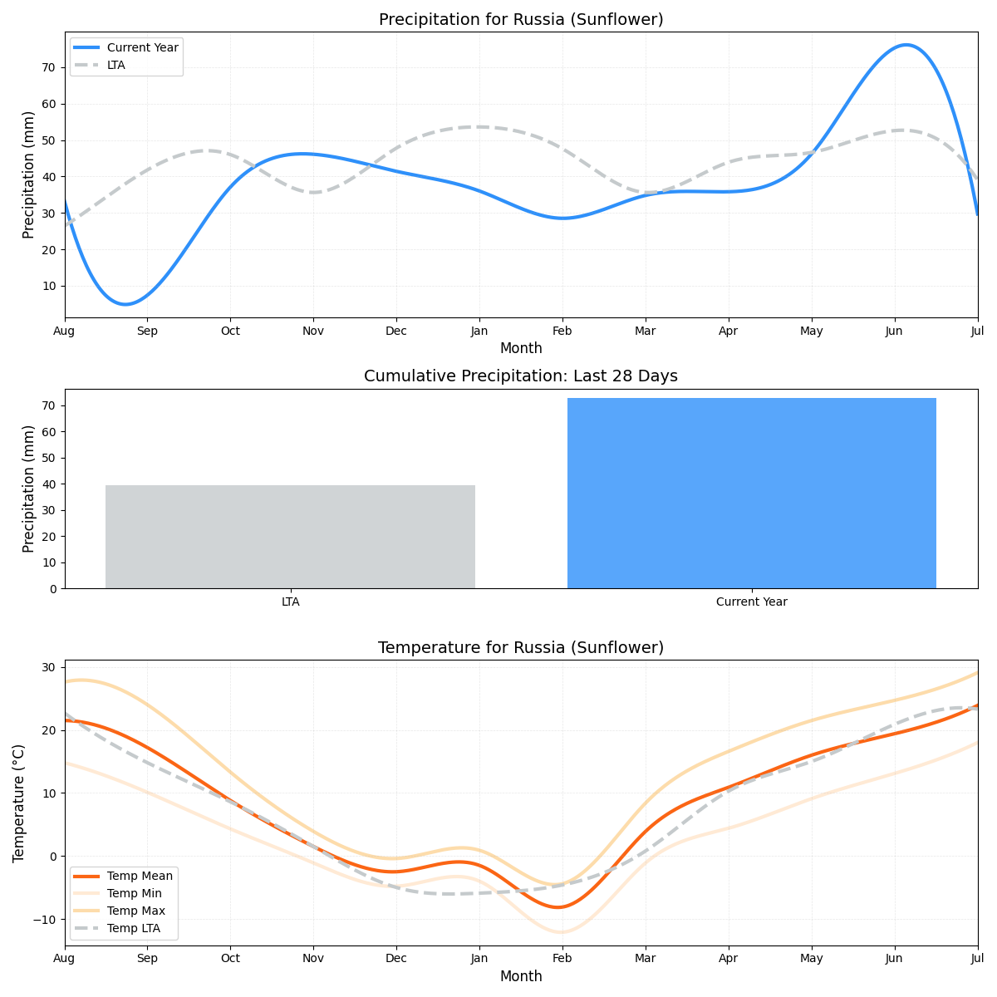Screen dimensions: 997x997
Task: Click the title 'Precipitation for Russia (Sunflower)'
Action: tap(521, 20)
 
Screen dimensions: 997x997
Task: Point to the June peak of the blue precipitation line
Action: tap(906, 45)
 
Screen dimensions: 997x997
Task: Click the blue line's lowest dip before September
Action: tap(125, 304)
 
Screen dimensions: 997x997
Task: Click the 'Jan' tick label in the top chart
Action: tap(479, 331)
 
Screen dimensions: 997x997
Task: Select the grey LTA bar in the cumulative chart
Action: tap(290, 537)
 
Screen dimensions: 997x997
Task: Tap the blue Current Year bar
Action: tap(751, 494)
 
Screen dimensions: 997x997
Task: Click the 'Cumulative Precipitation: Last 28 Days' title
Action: tap(521, 376)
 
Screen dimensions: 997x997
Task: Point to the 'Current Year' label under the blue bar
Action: tap(751, 602)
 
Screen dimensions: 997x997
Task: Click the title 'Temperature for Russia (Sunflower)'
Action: tap(521, 648)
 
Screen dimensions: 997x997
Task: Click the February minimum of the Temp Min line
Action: tap(562, 932)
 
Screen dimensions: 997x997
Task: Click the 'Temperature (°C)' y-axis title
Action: tap(19, 803)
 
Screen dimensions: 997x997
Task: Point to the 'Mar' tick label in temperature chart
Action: tap(646, 959)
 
